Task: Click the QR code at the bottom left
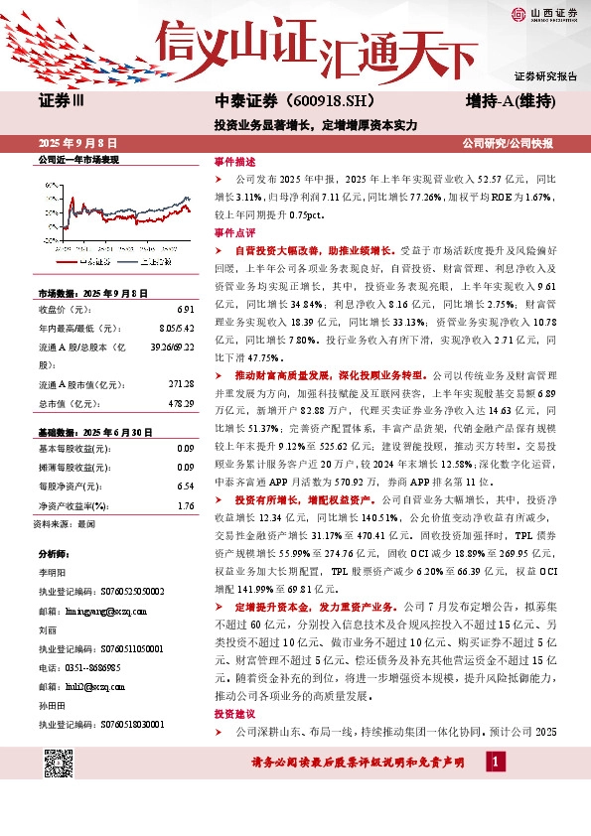click(59, 764)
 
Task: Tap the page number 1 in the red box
click(494, 763)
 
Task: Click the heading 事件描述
click(234, 161)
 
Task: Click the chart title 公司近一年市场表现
click(77, 159)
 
